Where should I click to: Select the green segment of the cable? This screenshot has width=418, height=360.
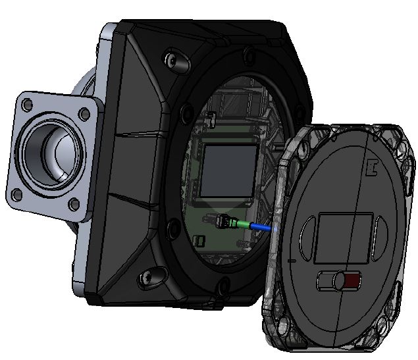244,225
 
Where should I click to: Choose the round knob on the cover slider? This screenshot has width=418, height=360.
339,282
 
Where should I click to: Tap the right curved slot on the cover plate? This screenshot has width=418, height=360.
380,236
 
